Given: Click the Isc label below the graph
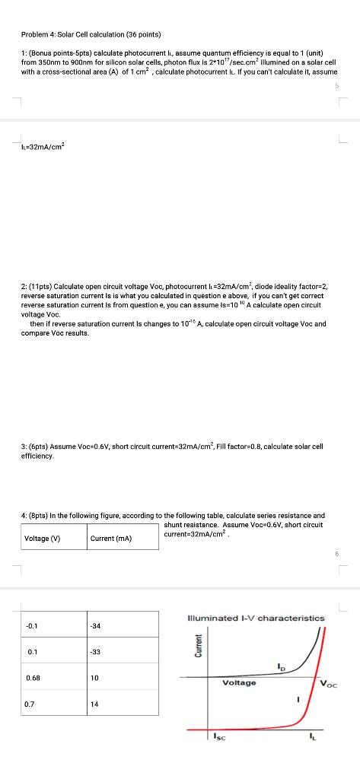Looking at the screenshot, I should click(217, 736).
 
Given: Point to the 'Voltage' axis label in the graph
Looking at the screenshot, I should click(239, 682).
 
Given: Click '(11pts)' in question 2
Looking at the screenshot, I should click(43, 287).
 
